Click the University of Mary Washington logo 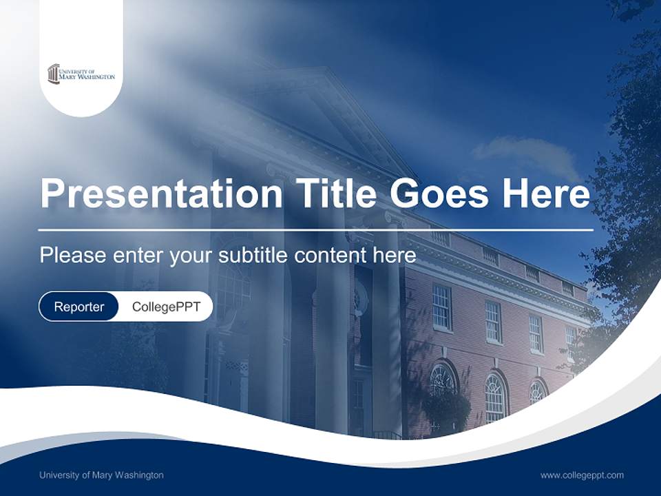click(x=81, y=74)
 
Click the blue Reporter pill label click(x=78, y=307)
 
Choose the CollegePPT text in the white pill click(x=166, y=307)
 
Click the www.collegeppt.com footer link click(x=582, y=475)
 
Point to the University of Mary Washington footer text click(x=101, y=475)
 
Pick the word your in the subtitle click(x=193, y=256)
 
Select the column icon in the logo click(x=53, y=74)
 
